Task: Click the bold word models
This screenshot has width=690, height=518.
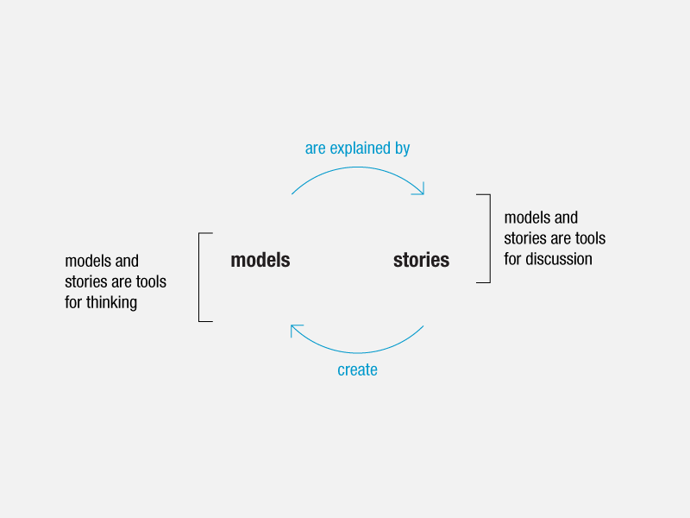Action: (x=260, y=260)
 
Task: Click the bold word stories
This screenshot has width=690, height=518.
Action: (x=421, y=260)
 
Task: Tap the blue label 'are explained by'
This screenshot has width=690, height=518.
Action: (x=357, y=148)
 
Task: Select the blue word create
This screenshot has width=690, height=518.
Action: (x=357, y=370)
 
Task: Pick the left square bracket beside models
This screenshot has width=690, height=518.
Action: (x=199, y=277)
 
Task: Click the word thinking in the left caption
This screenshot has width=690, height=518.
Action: (x=111, y=303)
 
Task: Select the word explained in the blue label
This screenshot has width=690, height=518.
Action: (x=360, y=148)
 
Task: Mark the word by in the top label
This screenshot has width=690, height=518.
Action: (x=403, y=148)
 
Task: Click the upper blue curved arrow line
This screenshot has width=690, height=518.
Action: (x=357, y=167)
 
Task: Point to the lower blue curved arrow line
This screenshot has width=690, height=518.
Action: (x=357, y=353)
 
